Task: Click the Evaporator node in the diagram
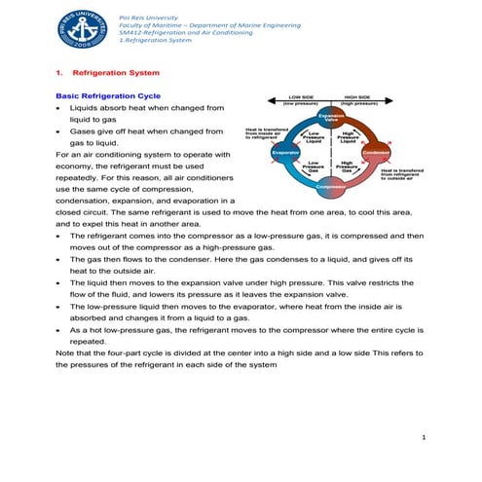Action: coord(286,153)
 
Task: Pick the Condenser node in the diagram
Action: coord(375,153)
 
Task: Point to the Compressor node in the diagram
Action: coord(331,186)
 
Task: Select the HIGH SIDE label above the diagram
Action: coord(357,97)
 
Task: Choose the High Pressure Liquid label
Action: coord(349,138)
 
